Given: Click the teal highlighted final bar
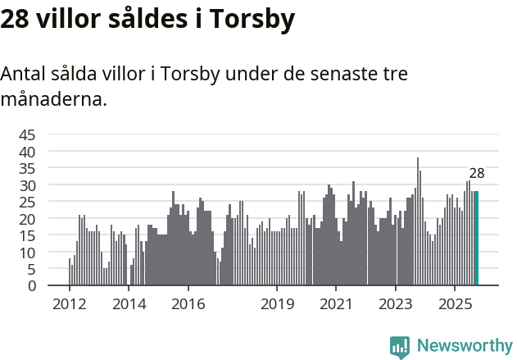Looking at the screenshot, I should pyautogui.click(x=477, y=239).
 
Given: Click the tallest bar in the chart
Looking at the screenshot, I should pyautogui.click(x=418, y=221).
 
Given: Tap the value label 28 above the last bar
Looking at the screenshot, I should pyautogui.click(x=476, y=173).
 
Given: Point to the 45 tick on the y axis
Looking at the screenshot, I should pyautogui.click(x=27, y=135).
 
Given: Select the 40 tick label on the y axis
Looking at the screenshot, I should pyautogui.click(x=27, y=152).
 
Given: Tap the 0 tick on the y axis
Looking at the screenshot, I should pyautogui.click(x=31, y=286).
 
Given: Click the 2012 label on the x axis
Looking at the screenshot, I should pyautogui.click(x=69, y=304).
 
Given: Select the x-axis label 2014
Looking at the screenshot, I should pyautogui.click(x=129, y=304).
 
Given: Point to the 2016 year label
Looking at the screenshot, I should pyautogui.click(x=188, y=304).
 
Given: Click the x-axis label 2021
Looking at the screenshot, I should pyautogui.click(x=337, y=304).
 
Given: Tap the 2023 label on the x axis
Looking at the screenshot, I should pyautogui.click(x=397, y=304).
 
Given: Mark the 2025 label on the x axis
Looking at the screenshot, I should pyautogui.click(x=456, y=304).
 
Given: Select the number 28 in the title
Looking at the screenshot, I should pyautogui.click(x=16, y=20).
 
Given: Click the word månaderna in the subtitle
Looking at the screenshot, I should pyautogui.click(x=53, y=100).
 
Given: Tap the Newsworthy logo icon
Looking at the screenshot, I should pyautogui.click(x=400, y=347).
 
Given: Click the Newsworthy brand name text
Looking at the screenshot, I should pyautogui.click(x=464, y=346).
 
